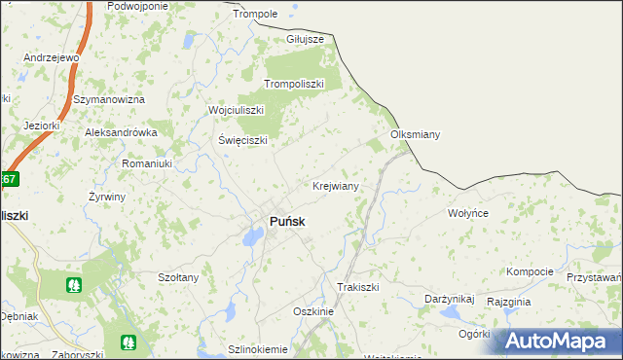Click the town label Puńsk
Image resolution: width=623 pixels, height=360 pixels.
point(286,222)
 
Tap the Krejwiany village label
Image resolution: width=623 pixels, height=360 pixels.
point(336,185)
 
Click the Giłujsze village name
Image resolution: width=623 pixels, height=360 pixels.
point(305,39)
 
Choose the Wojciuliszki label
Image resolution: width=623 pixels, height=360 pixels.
point(237,110)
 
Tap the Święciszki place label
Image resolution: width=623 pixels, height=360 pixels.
point(242,139)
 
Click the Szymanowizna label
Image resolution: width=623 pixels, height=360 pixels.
point(110,100)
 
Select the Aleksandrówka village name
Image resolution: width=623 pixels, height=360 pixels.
point(121,132)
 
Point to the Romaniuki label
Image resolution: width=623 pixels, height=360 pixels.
point(146,164)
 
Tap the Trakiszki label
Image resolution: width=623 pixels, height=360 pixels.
point(357,287)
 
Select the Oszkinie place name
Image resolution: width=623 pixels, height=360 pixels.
point(313,311)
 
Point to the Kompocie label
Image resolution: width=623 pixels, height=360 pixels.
point(530,271)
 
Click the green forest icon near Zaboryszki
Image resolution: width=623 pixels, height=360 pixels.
point(128,342)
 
